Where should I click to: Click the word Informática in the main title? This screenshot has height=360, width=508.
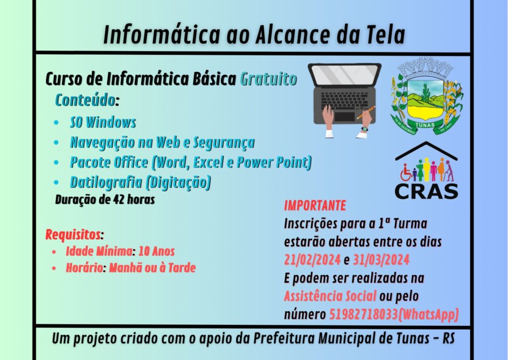[x=162, y=34]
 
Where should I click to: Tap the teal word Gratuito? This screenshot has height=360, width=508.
[x=268, y=79]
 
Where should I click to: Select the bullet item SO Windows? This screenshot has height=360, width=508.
[x=103, y=122]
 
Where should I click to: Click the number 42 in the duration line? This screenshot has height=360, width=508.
[x=118, y=199]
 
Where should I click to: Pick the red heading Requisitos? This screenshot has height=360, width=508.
[x=73, y=235]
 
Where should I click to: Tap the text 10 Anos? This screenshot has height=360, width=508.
[x=156, y=251]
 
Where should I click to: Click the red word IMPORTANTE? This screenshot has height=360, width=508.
[x=315, y=206]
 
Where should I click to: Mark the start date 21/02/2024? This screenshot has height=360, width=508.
[x=313, y=260]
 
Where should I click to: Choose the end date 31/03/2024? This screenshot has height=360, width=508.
[x=381, y=260]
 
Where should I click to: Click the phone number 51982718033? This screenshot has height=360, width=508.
[x=363, y=314]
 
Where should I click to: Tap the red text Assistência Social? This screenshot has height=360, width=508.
[x=330, y=296]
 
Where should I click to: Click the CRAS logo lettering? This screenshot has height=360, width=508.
[x=426, y=191]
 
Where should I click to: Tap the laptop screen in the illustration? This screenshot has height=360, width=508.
[x=344, y=75]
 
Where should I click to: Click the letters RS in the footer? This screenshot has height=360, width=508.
[x=448, y=339]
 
